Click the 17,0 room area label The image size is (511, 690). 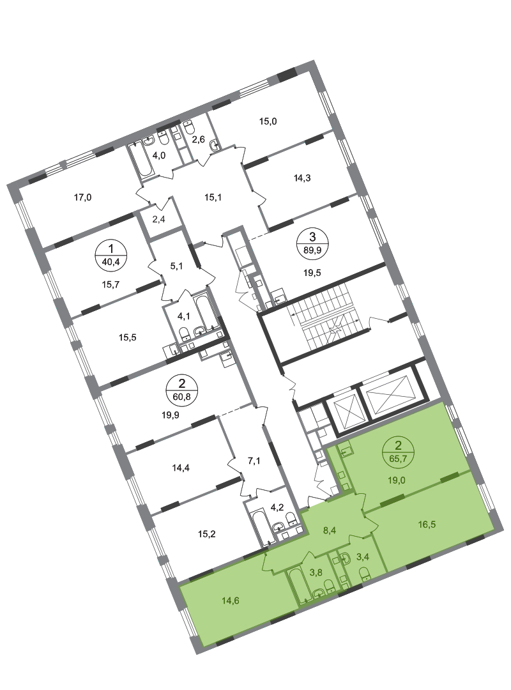coord(83,197)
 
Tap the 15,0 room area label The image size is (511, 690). coord(268,121)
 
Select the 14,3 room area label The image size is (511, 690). coord(302,178)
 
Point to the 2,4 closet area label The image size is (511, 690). coord(159,219)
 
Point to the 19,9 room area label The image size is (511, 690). coord(171,414)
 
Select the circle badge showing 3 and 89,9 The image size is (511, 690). coord(312,243)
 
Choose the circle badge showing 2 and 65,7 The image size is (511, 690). coord(399,452)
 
